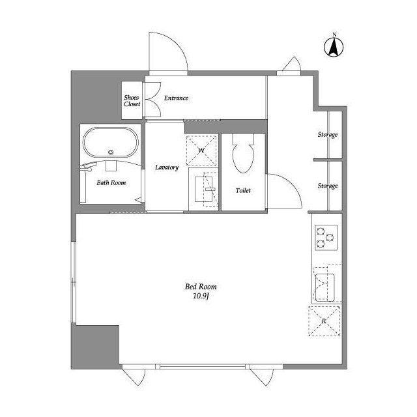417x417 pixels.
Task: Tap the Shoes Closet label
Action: click(x=132, y=100)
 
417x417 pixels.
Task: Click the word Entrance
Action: click(x=176, y=98)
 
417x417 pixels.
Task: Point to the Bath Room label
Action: click(x=111, y=183)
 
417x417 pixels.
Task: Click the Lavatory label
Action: click(x=167, y=167)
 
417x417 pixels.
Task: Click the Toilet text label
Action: click(x=243, y=191)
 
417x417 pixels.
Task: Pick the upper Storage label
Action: click(x=327, y=135)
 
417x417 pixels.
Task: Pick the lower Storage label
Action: click(x=327, y=186)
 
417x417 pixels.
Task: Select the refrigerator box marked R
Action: click(x=324, y=321)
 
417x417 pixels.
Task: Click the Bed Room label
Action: click(x=201, y=287)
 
